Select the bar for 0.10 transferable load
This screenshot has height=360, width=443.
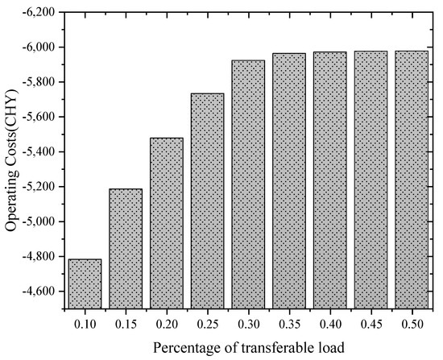(85, 283)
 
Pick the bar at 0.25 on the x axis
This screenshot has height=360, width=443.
(207, 201)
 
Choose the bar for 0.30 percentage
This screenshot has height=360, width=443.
(248, 184)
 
